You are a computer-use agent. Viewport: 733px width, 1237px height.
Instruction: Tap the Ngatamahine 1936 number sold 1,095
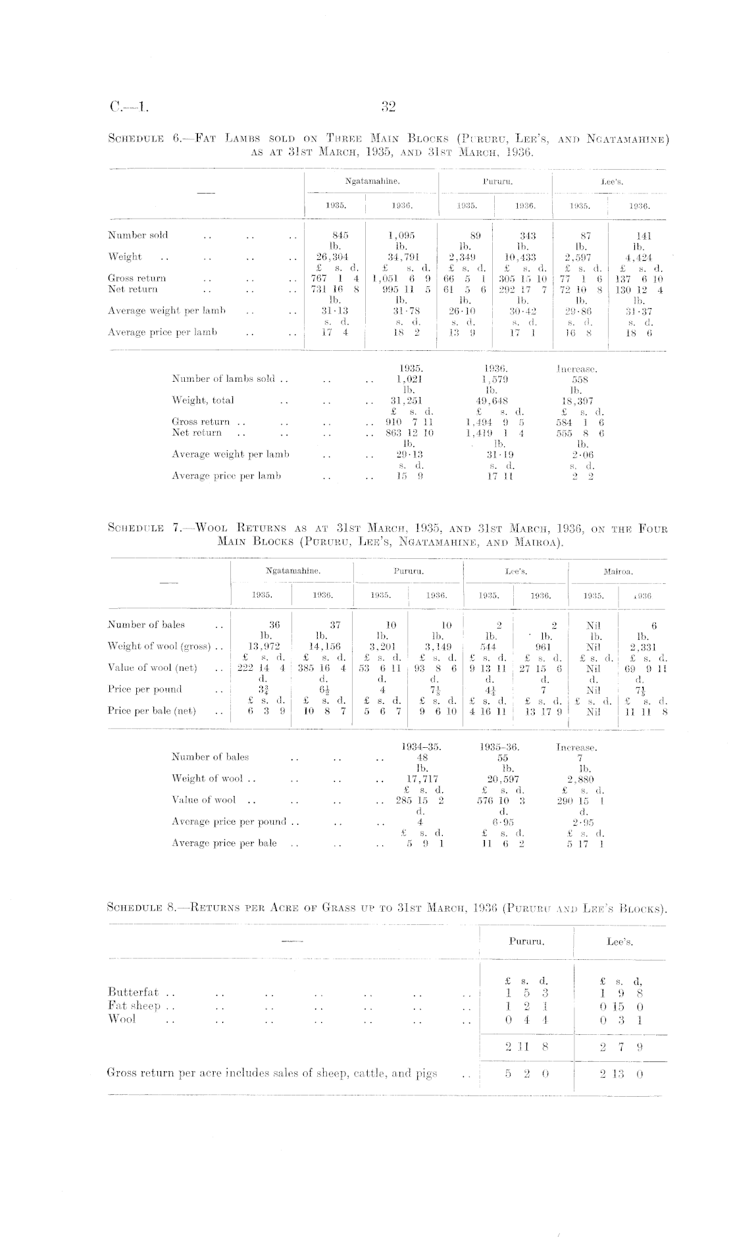click(x=401, y=235)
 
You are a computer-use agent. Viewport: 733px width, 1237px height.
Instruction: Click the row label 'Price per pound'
click(x=145, y=689)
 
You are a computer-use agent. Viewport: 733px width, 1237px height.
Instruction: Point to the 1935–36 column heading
click(x=499, y=747)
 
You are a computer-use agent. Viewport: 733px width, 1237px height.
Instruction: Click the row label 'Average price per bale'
click(x=224, y=843)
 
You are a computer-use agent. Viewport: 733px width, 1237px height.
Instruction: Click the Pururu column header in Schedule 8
click(x=526, y=941)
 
